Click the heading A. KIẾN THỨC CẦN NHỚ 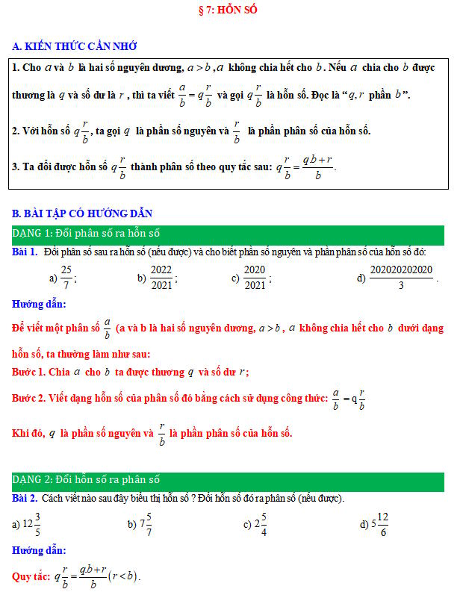tap(74, 46)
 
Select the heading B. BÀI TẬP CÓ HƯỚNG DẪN tap(82, 214)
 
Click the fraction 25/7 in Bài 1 tap(66, 278)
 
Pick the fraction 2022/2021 tap(161, 278)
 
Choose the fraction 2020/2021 tap(255, 278)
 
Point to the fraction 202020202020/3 tap(401, 278)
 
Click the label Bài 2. tap(25, 498)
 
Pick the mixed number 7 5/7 tap(146, 523)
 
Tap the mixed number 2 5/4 tap(261, 523)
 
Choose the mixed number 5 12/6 tap(380, 523)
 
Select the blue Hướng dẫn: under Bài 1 tap(38, 304)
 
